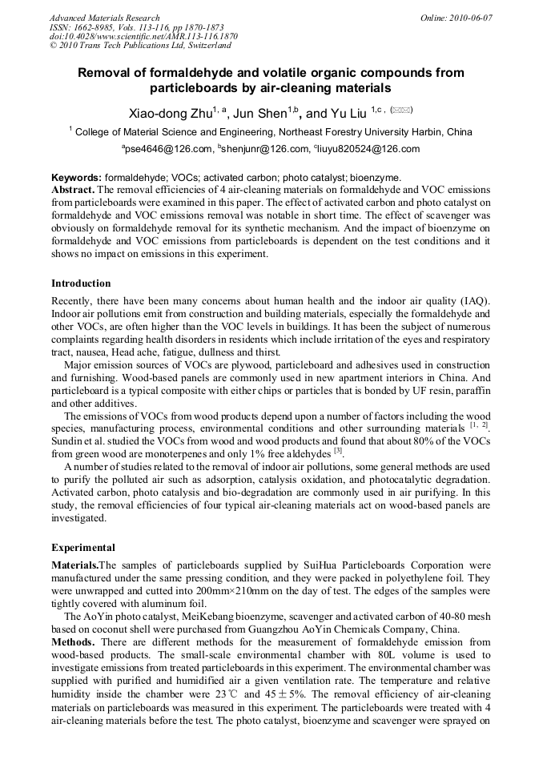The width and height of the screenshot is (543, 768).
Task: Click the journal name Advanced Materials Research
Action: tap(104, 18)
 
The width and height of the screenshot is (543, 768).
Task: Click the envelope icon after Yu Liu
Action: tap(402, 111)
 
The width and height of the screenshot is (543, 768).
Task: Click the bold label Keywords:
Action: tap(76, 178)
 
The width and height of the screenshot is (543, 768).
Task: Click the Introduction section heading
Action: tap(81, 283)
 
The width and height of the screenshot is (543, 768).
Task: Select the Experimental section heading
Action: tap(83, 548)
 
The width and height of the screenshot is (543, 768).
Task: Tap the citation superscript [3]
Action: tap(338, 450)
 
